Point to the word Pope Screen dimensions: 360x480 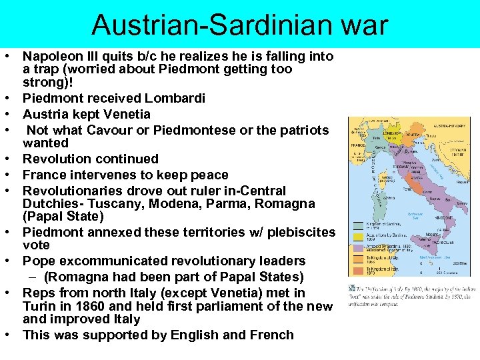point(39,261)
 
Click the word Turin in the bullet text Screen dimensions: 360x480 point(39,306)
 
